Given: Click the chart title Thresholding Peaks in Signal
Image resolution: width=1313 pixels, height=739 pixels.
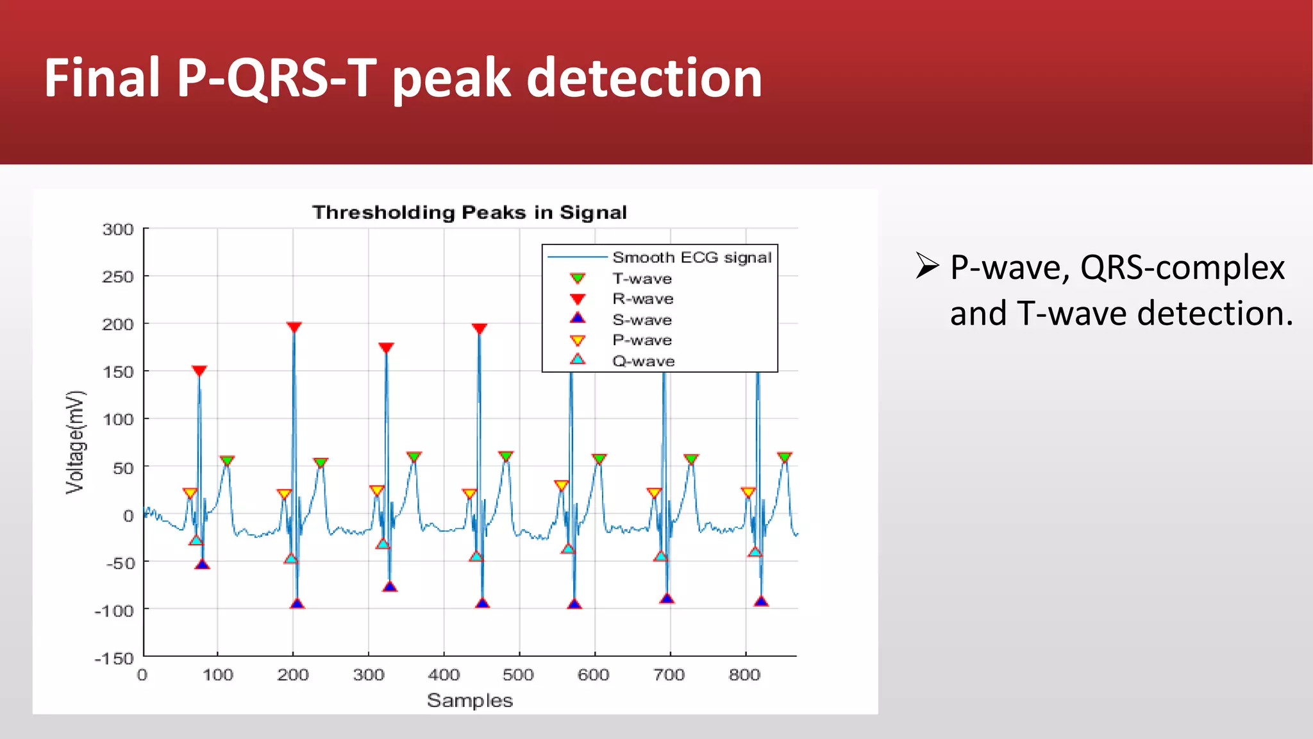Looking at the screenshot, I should (x=469, y=212).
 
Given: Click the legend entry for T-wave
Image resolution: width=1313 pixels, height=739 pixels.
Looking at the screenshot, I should (x=642, y=278).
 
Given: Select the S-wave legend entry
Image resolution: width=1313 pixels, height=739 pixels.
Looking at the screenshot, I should (x=642, y=319).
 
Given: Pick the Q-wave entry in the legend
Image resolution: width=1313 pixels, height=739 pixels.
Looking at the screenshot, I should (x=643, y=361).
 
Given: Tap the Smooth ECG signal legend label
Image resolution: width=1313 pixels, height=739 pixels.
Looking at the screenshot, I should (x=691, y=257).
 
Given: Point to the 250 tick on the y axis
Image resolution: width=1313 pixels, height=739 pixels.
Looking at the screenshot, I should (x=118, y=277).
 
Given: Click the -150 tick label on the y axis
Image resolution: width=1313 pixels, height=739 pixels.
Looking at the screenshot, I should (x=114, y=658).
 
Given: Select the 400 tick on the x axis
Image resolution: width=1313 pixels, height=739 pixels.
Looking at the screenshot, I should (x=444, y=675).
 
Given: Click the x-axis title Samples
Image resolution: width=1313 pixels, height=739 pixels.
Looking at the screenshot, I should (x=470, y=701).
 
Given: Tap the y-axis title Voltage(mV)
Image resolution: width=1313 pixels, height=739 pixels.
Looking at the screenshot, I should (x=75, y=442).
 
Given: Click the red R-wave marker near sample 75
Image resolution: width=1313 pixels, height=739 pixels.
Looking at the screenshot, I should (x=199, y=371).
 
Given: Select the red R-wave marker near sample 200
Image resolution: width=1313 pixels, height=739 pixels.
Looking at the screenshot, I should (x=294, y=327).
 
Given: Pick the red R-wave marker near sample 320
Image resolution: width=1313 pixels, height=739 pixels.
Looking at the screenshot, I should (x=386, y=348).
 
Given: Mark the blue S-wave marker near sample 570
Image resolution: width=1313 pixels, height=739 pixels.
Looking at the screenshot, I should (x=574, y=604).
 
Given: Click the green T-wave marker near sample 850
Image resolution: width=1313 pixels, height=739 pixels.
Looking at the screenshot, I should (x=785, y=457).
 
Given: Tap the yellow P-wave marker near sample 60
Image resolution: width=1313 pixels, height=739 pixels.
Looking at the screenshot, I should (x=190, y=493).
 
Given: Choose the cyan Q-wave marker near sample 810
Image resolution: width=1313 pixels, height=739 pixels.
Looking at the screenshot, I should (x=755, y=552).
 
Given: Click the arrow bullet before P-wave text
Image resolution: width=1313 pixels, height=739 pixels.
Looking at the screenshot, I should (x=927, y=266).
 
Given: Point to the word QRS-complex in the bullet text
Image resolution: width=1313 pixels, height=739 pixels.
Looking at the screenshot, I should (x=1182, y=268).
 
